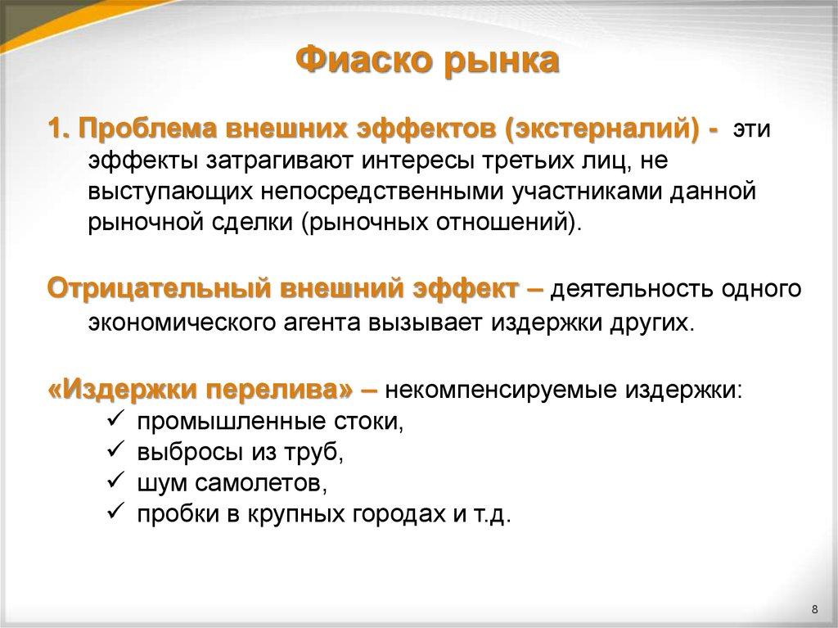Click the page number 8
click(x=814, y=608)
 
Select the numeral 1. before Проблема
click(x=59, y=131)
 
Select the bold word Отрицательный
click(x=159, y=290)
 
